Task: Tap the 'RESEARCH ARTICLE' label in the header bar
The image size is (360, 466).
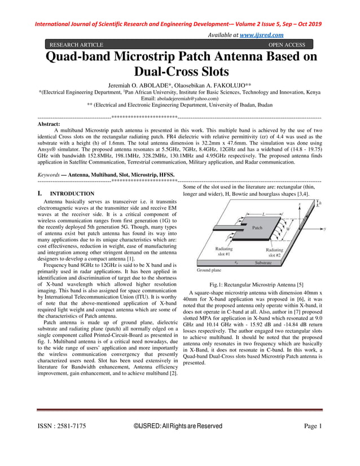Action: (77, 45)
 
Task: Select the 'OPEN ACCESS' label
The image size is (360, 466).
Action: (287, 45)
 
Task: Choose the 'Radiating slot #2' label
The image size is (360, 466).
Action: (274, 252)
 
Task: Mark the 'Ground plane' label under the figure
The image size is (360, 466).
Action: (201, 270)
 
